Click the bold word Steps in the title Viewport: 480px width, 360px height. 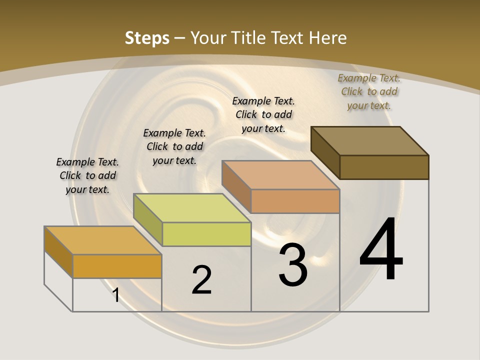point(147,38)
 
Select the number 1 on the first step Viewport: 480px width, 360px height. point(116,295)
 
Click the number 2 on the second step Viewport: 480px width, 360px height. point(201,280)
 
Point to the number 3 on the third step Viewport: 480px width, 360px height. point(293,265)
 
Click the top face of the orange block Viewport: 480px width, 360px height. point(102,240)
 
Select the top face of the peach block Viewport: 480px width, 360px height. point(280,175)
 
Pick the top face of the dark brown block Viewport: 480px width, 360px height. point(369,141)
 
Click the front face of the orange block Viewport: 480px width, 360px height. point(117,266)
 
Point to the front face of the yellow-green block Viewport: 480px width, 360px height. point(206,234)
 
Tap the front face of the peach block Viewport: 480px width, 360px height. point(295,201)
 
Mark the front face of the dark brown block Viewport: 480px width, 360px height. point(384,167)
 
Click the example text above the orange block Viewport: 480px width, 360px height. point(87,175)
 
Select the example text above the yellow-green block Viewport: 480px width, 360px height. point(174,146)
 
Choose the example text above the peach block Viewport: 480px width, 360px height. point(263,114)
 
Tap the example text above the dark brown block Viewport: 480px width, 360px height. point(369,91)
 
